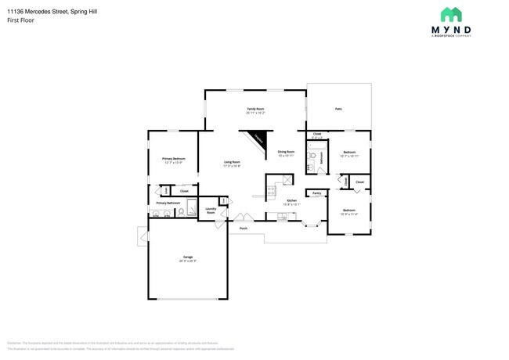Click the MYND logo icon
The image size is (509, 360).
click(452, 14)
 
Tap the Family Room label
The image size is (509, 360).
click(255, 110)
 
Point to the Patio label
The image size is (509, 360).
click(338, 110)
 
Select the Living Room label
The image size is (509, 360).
click(232, 163)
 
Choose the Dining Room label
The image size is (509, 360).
click(286, 152)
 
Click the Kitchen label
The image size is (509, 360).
click(291, 201)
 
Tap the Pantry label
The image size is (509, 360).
click(316, 193)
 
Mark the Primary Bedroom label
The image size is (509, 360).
click(173, 159)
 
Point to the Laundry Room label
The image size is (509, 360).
click(211, 211)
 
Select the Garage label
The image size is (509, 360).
click(188, 257)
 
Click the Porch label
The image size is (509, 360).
click(244, 229)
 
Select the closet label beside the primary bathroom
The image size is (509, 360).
click(184, 191)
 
